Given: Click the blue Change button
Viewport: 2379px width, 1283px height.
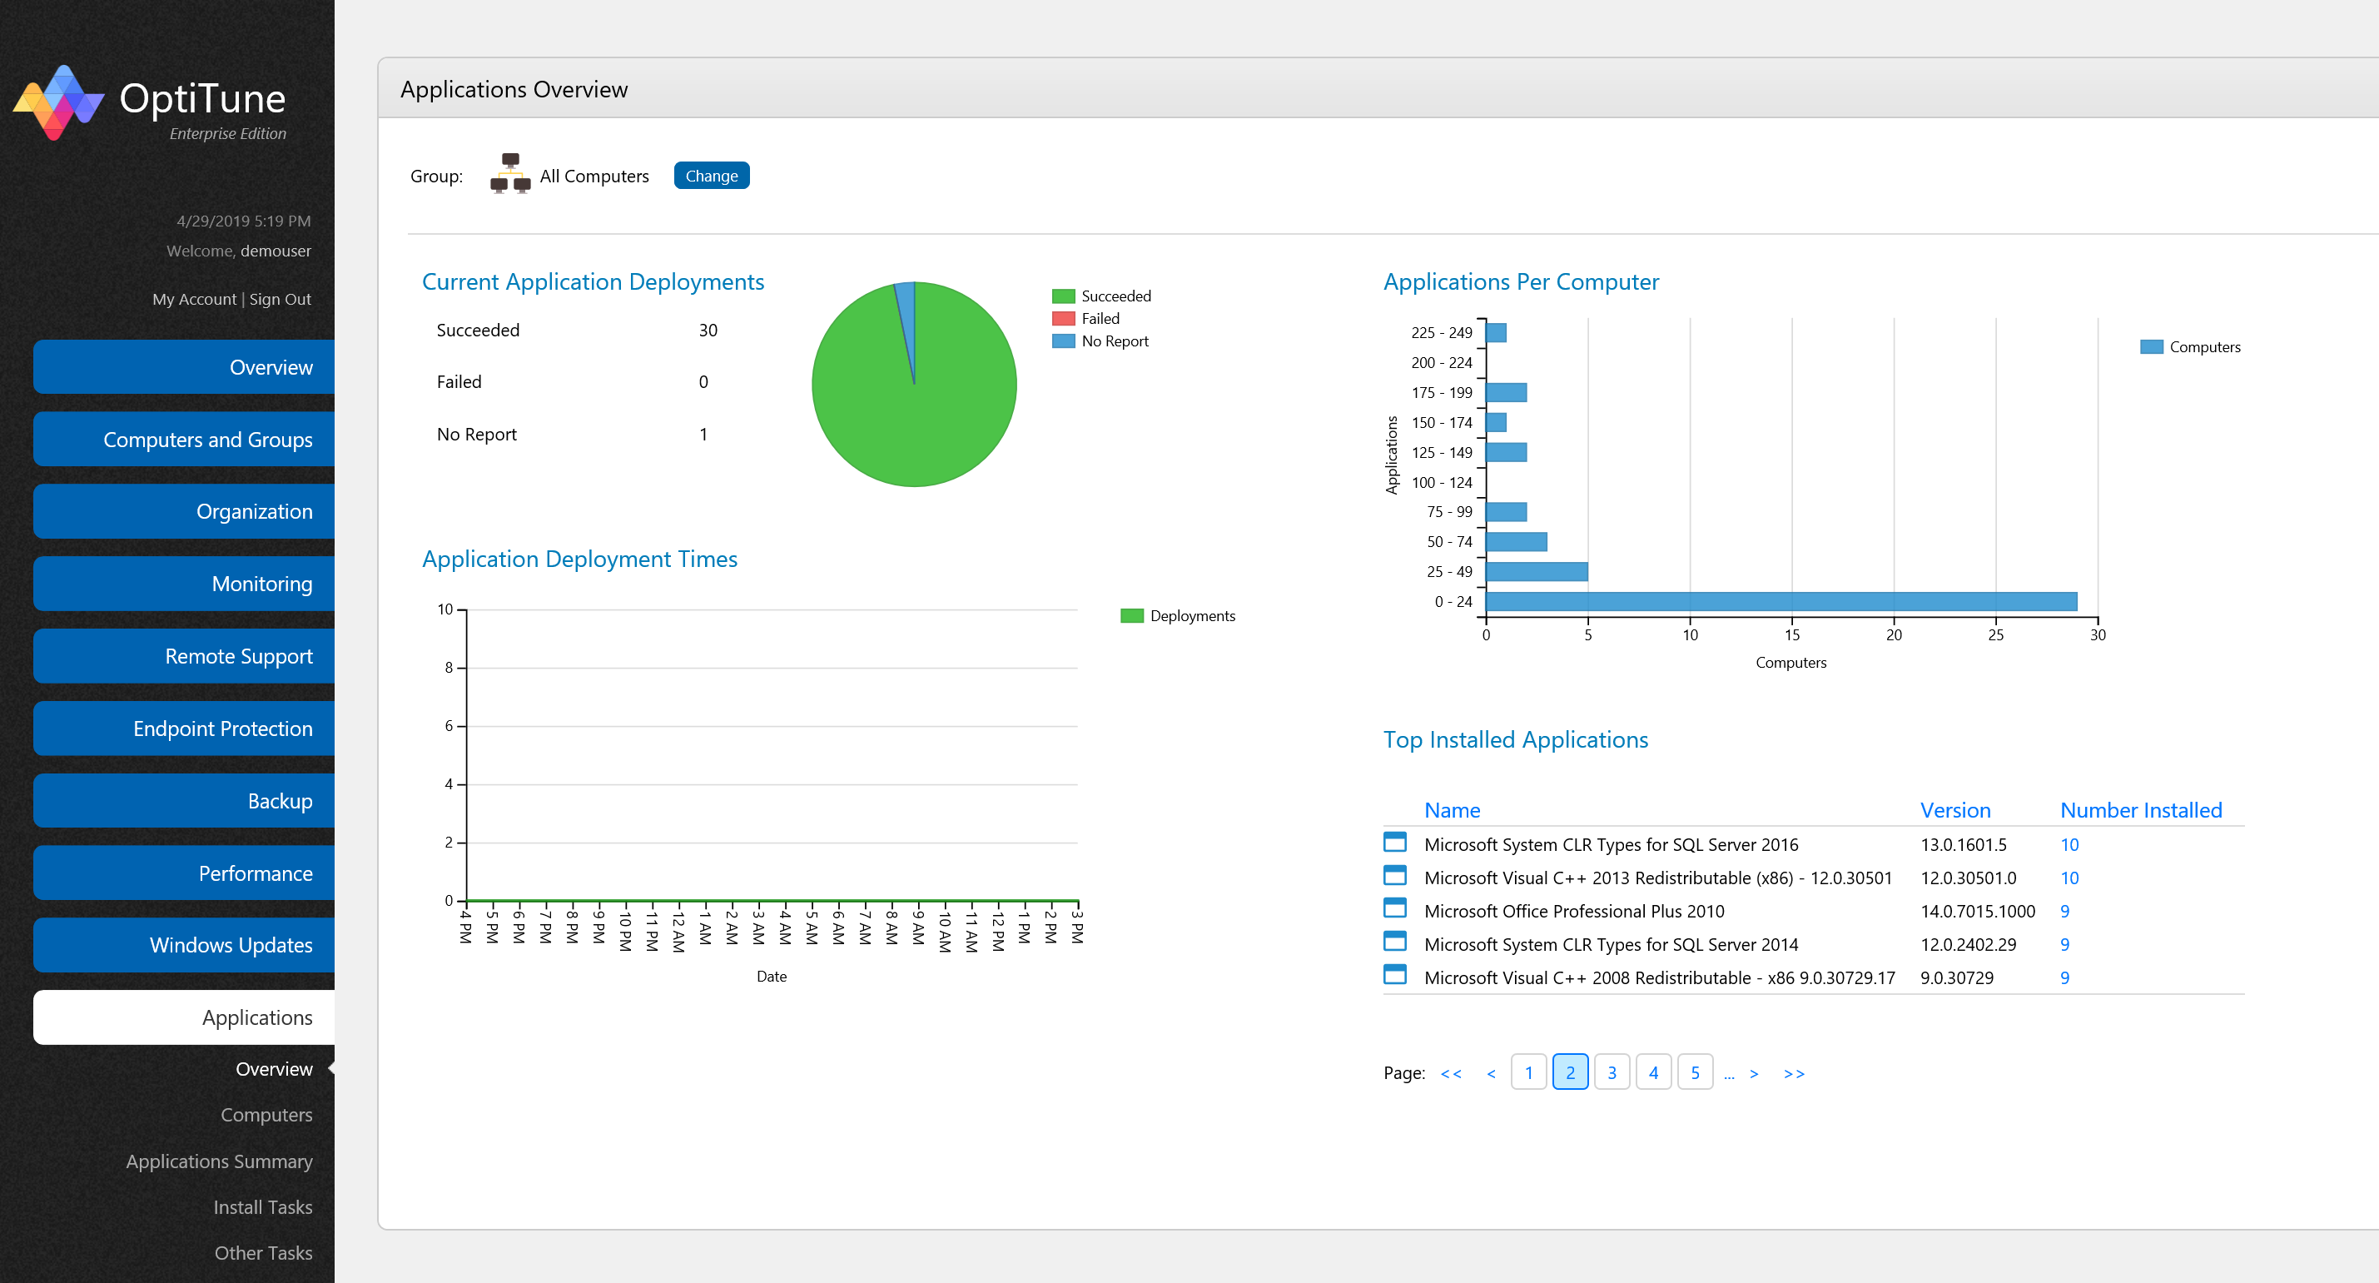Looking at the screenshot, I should [x=710, y=176].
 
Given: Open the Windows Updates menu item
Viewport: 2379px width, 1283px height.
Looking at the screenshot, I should [x=184, y=945].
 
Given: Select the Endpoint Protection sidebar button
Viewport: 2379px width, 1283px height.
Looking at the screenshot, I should [x=184, y=729].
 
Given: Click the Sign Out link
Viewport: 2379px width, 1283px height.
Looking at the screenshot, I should [x=280, y=299].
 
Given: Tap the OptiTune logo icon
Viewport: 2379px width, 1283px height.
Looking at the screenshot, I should [x=57, y=102].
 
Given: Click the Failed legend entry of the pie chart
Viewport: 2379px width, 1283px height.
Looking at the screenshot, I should [x=1099, y=319].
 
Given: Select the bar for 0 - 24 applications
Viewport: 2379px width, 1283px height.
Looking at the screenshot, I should [x=1780, y=601].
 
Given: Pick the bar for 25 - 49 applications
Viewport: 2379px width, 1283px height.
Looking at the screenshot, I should [x=1536, y=572].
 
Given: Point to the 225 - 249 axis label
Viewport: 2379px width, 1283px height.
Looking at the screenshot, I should [x=1441, y=332].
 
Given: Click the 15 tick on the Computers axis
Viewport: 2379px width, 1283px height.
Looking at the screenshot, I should [x=1790, y=634].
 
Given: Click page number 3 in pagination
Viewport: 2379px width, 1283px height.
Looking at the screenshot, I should [x=1611, y=1072].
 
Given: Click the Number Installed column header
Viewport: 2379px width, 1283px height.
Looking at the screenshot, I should [x=2140, y=810].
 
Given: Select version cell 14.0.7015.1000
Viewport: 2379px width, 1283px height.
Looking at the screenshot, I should [x=1976, y=911].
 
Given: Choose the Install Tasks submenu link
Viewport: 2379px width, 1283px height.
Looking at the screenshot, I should [x=262, y=1206].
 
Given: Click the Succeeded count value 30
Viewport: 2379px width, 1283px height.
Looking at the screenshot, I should [x=708, y=331].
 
